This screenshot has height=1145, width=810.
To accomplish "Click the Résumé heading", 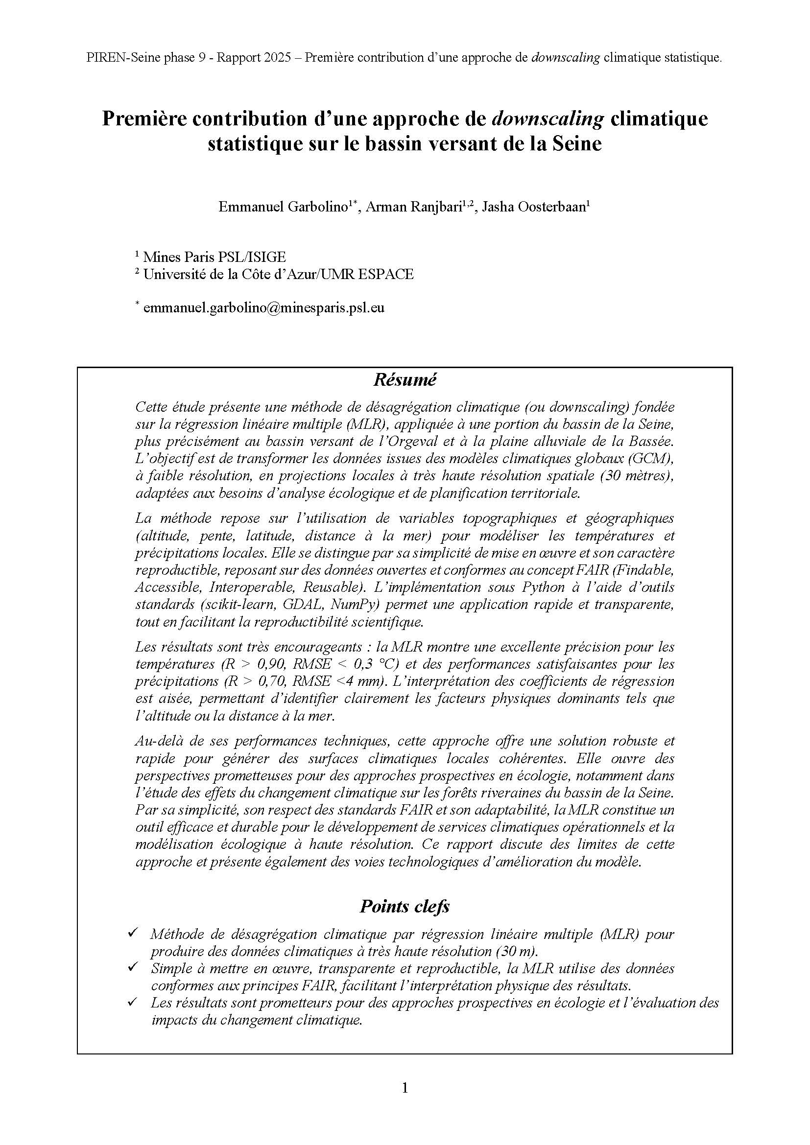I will pos(405,380).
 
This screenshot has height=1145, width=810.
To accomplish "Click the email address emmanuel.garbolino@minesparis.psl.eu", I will pos(263,308).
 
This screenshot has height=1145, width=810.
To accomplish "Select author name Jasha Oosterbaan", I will pos(535,207).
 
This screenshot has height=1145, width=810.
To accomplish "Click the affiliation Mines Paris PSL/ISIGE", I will pos(214,257).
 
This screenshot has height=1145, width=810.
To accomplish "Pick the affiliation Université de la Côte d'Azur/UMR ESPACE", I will pos(278,274).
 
